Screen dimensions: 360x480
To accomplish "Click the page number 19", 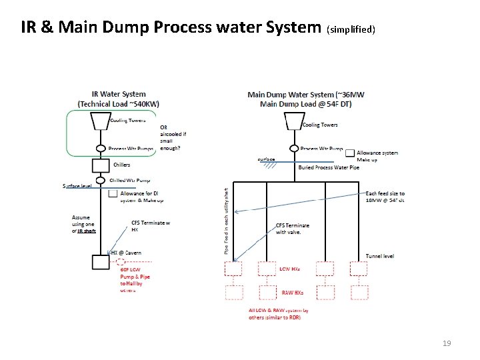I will [x=447, y=343].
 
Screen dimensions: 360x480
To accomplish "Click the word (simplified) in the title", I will [x=351, y=29].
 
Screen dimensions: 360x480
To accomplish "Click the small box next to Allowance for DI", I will [x=113, y=194].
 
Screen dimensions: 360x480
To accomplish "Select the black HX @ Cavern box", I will [x=100, y=261].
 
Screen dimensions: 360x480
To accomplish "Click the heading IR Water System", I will [x=119, y=94].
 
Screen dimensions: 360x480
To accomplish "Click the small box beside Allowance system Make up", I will [x=350, y=153].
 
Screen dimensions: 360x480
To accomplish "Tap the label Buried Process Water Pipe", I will [x=329, y=167].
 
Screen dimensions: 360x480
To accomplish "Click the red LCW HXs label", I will [x=289, y=269].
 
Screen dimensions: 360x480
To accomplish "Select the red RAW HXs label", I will [x=291, y=293].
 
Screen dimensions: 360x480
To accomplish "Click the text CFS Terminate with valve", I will [x=292, y=229].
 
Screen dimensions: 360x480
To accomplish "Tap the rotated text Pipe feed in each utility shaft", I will [x=226, y=219].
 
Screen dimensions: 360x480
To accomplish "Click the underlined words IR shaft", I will [x=87, y=231].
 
